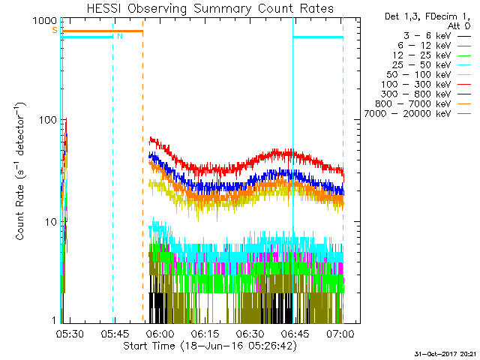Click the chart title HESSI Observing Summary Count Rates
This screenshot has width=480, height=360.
click(x=209, y=9)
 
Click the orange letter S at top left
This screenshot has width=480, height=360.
click(x=54, y=30)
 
